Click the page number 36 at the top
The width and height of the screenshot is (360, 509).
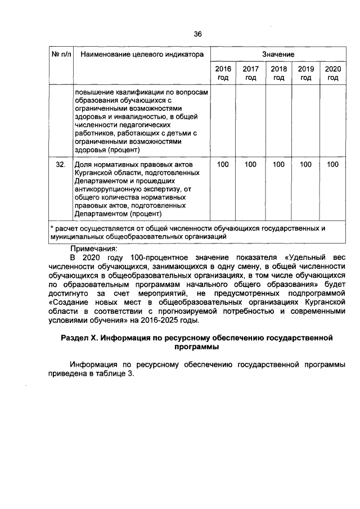197,34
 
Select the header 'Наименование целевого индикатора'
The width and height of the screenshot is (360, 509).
141,55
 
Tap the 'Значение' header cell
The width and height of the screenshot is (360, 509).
278,55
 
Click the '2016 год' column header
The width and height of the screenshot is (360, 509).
223,73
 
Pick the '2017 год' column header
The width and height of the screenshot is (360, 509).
250,73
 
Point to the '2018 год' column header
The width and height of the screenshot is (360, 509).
278,73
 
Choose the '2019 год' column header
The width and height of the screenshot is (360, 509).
305,73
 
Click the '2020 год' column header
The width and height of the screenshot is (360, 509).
333,73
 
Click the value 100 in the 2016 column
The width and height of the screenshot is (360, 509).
223,164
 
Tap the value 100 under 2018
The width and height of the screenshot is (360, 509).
278,164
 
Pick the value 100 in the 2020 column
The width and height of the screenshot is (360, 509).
333,164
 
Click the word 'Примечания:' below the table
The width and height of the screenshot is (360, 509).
94,248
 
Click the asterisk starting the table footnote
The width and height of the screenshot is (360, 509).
51,228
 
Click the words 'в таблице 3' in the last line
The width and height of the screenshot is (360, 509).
112,375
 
